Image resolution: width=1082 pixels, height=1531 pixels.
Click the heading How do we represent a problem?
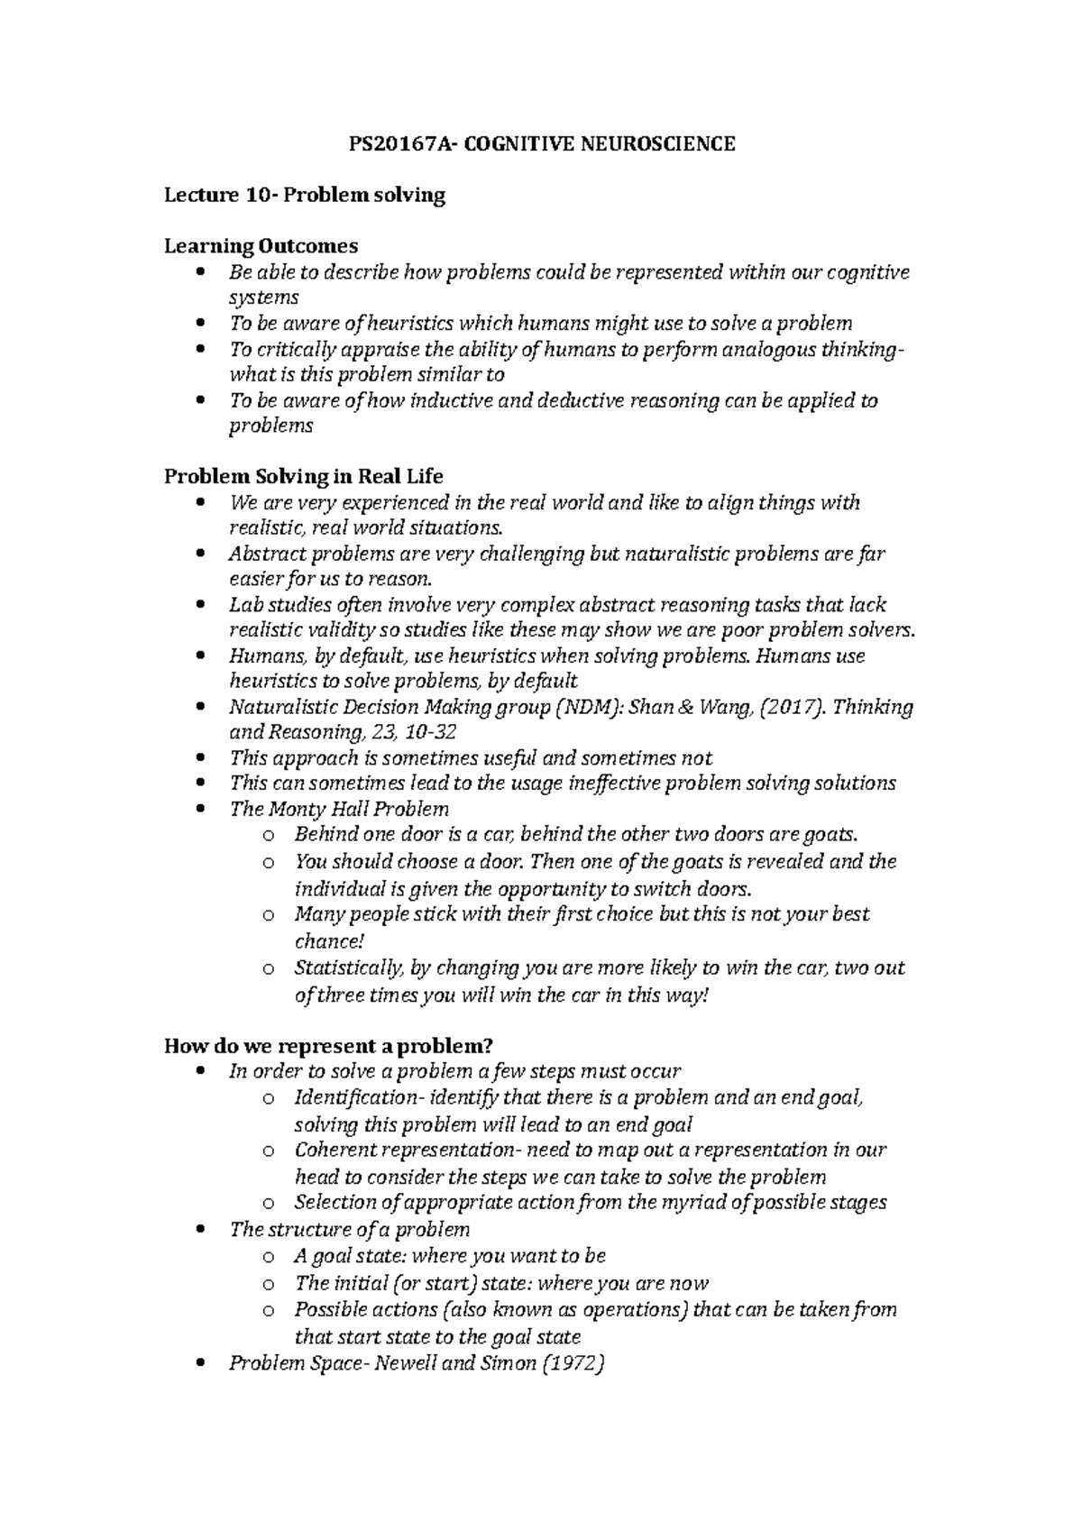(328, 1046)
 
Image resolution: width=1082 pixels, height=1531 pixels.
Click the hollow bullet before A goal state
(267, 1257)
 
